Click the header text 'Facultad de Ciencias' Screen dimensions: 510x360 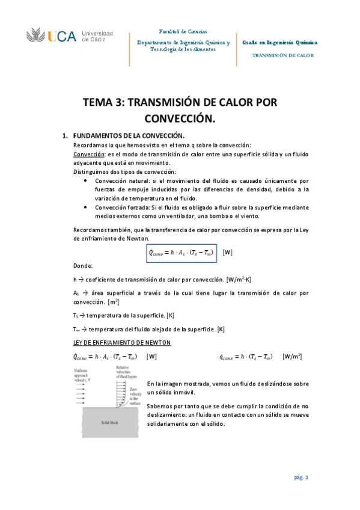[x=183, y=31]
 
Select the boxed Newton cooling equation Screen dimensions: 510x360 [x=181, y=252]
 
